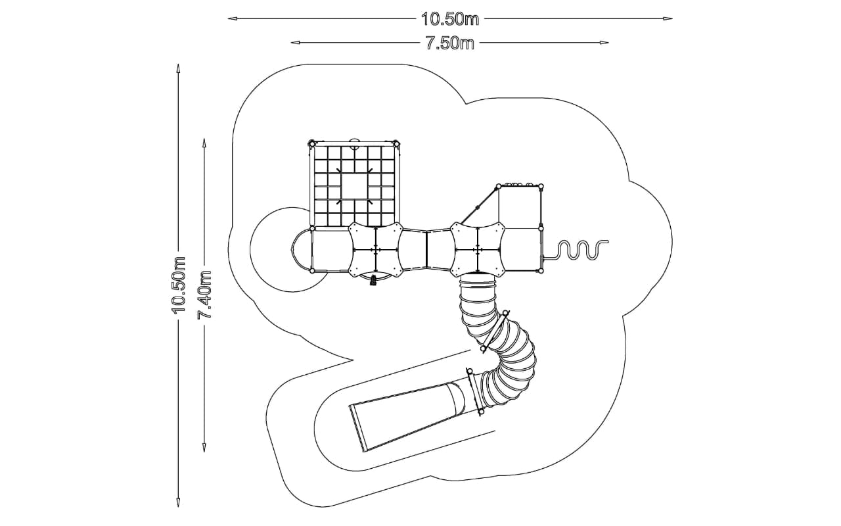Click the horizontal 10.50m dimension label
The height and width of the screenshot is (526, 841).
tap(450, 19)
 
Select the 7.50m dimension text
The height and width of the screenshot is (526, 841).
tap(450, 43)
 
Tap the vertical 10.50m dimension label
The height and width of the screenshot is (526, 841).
tap(179, 285)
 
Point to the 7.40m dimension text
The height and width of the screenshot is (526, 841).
tap(204, 294)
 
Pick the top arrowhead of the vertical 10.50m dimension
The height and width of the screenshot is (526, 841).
tap(178, 68)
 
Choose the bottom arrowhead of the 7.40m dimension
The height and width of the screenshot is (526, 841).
tap(204, 448)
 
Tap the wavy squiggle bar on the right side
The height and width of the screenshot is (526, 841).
tap(574, 250)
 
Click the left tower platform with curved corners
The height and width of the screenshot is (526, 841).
tap(376, 249)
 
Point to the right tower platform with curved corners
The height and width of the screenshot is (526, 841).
tap(478, 249)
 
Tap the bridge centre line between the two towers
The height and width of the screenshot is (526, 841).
tap(427, 249)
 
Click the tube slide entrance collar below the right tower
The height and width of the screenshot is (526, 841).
tap(478, 281)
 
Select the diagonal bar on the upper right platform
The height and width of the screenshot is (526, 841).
tap(480, 205)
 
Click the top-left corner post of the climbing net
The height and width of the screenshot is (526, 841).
tap(311, 143)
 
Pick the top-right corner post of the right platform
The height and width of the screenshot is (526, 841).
tap(541, 186)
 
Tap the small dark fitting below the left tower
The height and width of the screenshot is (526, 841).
tap(374, 281)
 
